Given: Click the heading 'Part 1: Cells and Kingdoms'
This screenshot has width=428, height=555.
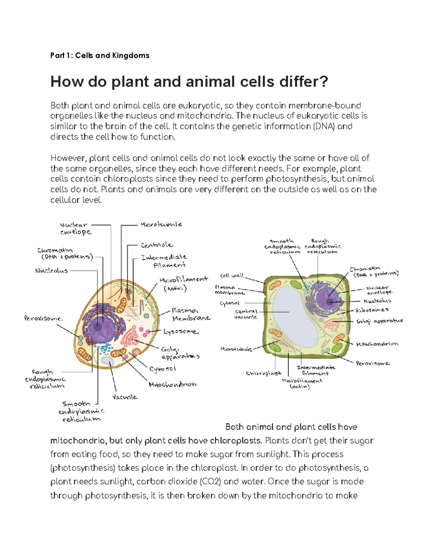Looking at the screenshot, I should [x=100, y=55].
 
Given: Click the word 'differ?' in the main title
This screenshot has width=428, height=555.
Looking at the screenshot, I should [x=304, y=82].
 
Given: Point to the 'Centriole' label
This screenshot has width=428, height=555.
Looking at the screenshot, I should [x=157, y=245].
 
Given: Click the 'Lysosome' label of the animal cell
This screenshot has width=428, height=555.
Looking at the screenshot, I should [x=181, y=332].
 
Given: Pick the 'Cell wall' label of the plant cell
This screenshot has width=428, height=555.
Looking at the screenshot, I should [x=232, y=276].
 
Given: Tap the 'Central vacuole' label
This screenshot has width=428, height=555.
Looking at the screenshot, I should [x=246, y=314].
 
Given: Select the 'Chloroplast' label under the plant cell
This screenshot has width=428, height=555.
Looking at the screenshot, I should [x=264, y=373].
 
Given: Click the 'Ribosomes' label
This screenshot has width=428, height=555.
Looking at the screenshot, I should [x=372, y=310].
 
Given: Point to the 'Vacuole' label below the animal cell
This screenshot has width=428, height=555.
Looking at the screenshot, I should [x=124, y=397].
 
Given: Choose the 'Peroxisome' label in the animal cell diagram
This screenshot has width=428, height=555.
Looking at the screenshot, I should [x=43, y=318].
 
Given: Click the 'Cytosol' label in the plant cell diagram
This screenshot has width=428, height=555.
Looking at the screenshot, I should [x=229, y=303].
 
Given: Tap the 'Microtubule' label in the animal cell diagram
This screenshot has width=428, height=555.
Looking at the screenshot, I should [x=161, y=224].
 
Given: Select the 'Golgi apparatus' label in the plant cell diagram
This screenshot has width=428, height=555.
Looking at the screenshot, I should [x=379, y=321].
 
